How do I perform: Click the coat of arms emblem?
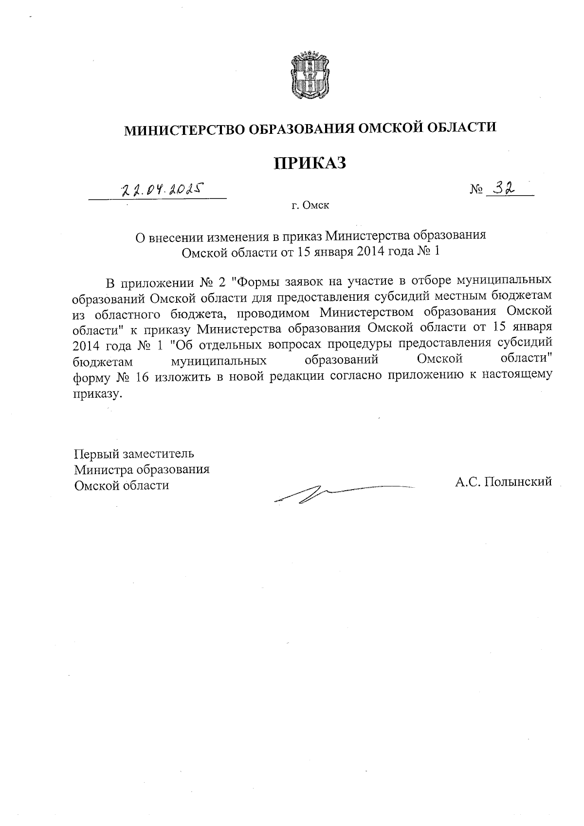pos(310,74)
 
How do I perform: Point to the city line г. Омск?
pos(310,205)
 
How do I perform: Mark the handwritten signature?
pos(336,492)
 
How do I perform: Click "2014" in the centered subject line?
pos(372,252)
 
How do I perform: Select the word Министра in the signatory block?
pos(103,470)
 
